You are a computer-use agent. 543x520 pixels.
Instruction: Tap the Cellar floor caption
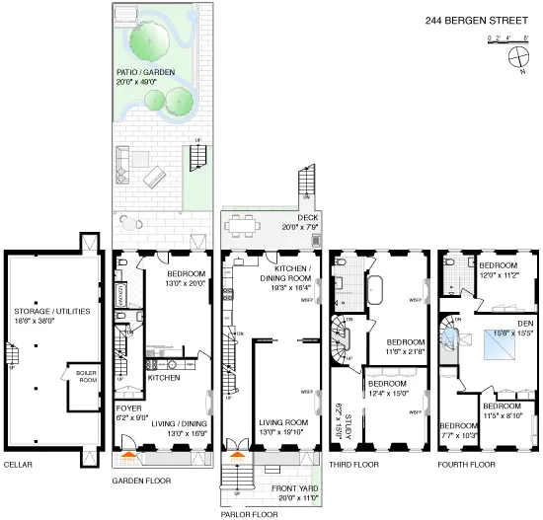point(19,464)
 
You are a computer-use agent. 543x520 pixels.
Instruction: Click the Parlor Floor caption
point(248,513)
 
